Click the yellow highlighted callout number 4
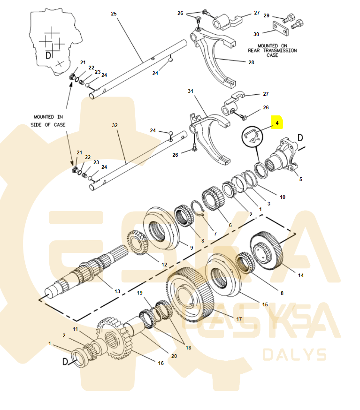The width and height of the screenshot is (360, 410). [x=277, y=124]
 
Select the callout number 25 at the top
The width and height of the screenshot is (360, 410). [x=114, y=14]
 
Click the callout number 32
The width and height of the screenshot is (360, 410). [x=115, y=126]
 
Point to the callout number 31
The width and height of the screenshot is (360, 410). [x=191, y=91]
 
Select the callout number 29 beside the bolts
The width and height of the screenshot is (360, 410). [x=266, y=15]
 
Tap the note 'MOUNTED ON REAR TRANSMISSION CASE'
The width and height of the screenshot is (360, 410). [x=272, y=50]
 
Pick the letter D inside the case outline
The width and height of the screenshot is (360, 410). [x=48, y=55]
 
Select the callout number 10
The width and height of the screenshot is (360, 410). [x=282, y=197]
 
